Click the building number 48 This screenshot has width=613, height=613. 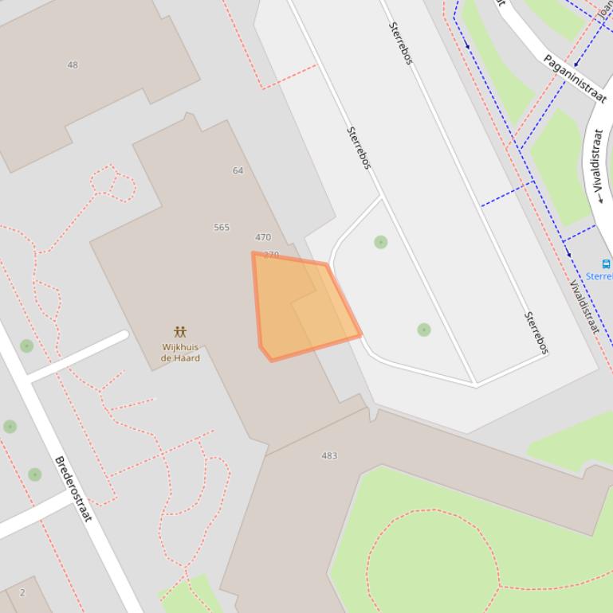tap(73, 65)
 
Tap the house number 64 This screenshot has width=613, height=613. tap(238, 170)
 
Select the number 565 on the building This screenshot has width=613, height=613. tap(222, 228)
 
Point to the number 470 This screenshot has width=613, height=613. tap(263, 237)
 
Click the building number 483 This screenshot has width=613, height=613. tap(329, 456)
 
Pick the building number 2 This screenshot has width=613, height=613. tap(22, 592)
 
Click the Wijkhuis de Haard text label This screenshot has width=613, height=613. tap(181, 353)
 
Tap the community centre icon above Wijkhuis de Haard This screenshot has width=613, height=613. tap(181, 332)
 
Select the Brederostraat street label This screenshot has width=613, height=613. tap(73, 489)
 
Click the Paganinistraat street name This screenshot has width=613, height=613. tap(575, 78)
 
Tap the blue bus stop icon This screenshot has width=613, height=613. tap(606, 264)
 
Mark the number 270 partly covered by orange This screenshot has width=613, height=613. tap(271, 255)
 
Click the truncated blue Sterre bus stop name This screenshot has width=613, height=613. tap(599, 276)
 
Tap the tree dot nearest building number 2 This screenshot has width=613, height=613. tap(34, 474)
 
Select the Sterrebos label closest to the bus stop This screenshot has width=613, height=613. tap(536, 333)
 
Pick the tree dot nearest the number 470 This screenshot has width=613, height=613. tap(381, 242)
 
